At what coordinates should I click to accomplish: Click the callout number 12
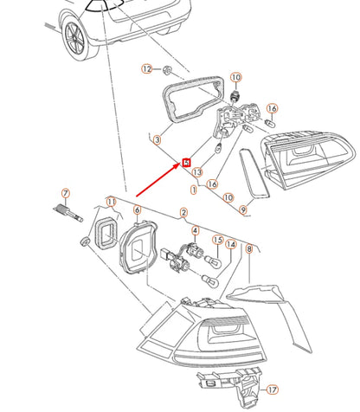[x=147, y=69]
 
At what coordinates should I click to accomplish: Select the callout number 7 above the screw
[x=66, y=193]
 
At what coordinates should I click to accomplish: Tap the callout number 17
[x=273, y=389]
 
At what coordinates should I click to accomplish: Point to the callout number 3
[x=157, y=140]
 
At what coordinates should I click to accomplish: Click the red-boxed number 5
[x=187, y=163]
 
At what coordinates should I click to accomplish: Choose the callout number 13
[x=197, y=172]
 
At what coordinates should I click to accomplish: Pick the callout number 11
[x=112, y=202]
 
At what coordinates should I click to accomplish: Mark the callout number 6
[x=137, y=210]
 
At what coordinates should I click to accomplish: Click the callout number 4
[x=196, y=230]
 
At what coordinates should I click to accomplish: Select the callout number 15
[x=218, y=240]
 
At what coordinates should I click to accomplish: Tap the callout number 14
[x=231, y=245]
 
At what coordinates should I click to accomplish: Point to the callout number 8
[x=249, y=248]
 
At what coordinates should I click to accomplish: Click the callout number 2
[x=183, y=213]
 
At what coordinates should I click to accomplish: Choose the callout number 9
[x=243, y=209]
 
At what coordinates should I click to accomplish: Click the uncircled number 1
[x=194, y=190]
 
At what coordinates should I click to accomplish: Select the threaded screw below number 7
[x=68, y=213]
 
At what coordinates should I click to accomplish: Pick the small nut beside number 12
[x=166, y=70]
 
